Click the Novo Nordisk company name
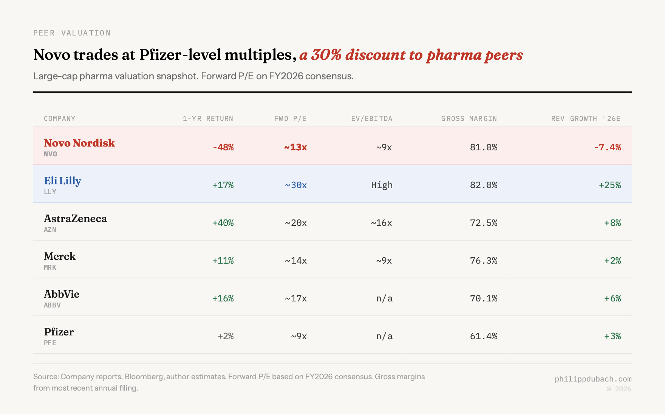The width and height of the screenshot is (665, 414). pyautogui.click(x=79, y=143)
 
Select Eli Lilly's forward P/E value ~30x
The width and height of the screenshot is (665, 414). pyautogui.click(x=296, y=185)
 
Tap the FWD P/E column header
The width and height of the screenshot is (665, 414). pyautogui.click(x=290, y=119)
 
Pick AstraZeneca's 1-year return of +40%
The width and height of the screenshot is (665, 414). pyautogui.click(x=223, y=223)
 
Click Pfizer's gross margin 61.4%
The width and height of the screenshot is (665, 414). pyautogui.click(x=483, y=336)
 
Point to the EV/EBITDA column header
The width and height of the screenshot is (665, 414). pyautogui.click(x=372, y=119)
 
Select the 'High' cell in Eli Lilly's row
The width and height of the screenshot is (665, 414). pyautogui.click(x=382, y=185)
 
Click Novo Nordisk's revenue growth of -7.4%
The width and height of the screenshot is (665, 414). pyautogui.click(x=607, y=147)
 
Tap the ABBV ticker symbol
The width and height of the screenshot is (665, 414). pyautogui.click(x=52, y=305)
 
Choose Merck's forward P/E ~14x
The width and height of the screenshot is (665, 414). pyautogui.click(x=296, y=261)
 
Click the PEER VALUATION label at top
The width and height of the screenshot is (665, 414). pyautogui.click(x=72, y=33)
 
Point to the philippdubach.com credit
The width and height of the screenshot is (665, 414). pyautogui.click(x=593, y=379)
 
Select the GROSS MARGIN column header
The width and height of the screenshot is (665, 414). pyautogui.click(x=469, y=119)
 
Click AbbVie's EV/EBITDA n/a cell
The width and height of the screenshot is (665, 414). pyautogui.click(x=384, y=298)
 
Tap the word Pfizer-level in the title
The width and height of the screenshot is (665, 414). pyautogui.click(x=179, y=55)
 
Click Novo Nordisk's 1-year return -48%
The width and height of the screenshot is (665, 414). pyautogui.click(x=223, y=147)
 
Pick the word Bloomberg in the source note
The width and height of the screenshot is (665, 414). pyautogui.click(x=144, y=377)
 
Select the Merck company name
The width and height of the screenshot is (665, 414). pyautogui.click(x=60, y=256)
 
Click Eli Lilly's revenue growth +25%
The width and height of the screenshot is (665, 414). pyautogui.click(x=610, y=185)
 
